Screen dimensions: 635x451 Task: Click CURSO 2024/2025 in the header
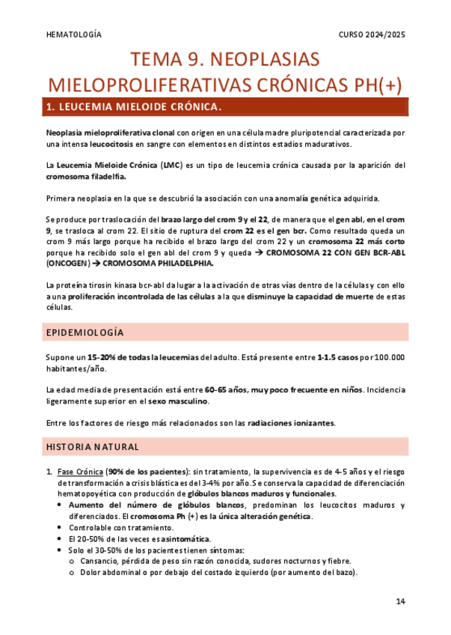[372, 34]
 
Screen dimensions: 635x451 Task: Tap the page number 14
[400, 601]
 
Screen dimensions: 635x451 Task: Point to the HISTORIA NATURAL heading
[93, 447]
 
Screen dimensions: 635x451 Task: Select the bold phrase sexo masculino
[179, 401]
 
